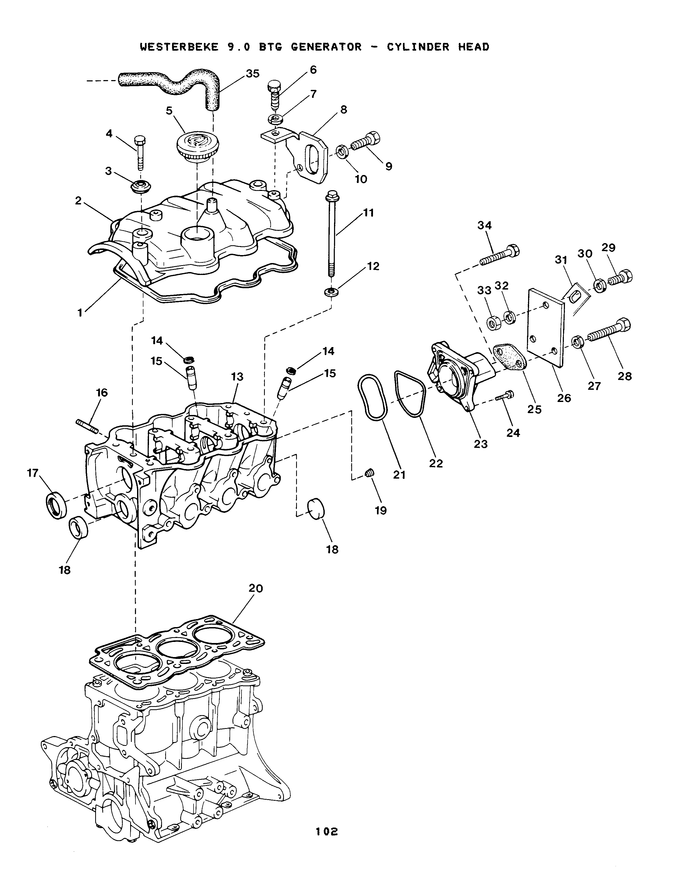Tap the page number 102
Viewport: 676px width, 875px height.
point(326,832)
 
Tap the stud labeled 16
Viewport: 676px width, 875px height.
point(86,426)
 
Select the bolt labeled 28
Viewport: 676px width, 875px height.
point(608,331)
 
